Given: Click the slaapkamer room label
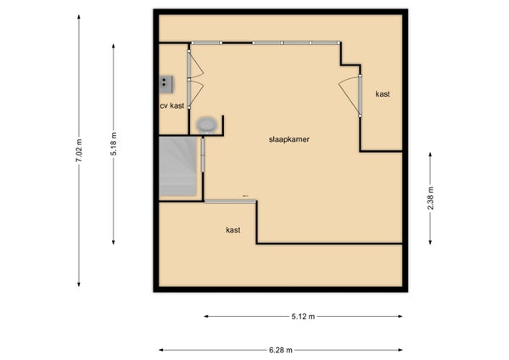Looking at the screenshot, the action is coord(289,139).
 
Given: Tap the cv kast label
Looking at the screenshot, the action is coord(172,105).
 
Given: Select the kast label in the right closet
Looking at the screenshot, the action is coord(383,94).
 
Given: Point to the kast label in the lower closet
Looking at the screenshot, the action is coord(233,230).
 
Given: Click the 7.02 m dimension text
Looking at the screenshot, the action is coord(79,150).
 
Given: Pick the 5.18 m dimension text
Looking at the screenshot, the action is coord(114,144).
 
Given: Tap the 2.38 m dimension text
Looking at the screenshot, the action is coord(430,198).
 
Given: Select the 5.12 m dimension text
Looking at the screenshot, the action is coord(303,317).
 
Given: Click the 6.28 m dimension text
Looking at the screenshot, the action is coord(281,351).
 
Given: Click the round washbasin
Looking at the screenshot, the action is coord(206,125).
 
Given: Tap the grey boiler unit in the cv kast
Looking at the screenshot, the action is coord(165,84).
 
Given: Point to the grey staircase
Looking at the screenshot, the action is coord(178,166).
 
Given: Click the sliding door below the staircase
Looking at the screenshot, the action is coord(230,201).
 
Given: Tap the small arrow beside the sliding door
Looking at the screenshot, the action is coord(245,196).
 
